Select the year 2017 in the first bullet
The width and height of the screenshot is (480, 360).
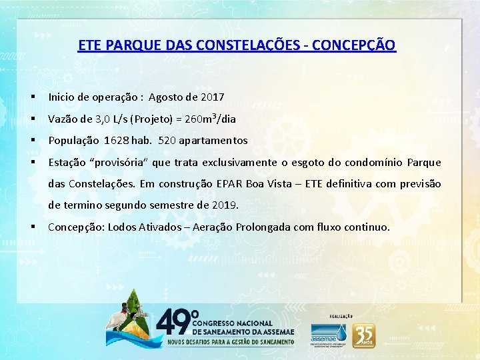point(212,97)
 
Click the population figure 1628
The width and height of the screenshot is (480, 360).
point(116,141)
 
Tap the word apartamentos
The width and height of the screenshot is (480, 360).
point(213,141)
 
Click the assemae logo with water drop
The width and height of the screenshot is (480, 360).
point(329,332)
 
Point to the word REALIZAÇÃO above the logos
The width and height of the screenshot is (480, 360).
point(341,315)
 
